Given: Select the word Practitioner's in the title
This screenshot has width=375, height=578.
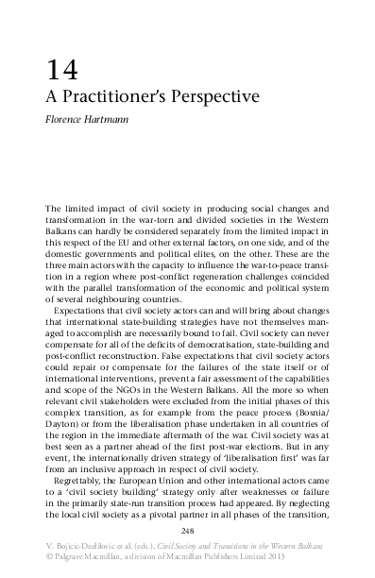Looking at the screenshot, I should pyautogui.click(x=122, y=97).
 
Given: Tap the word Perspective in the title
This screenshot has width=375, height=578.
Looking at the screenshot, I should pyautogui.click(x=218, y=97).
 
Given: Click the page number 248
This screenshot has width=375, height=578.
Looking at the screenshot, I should pyautogui.click(x=187, y=534).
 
